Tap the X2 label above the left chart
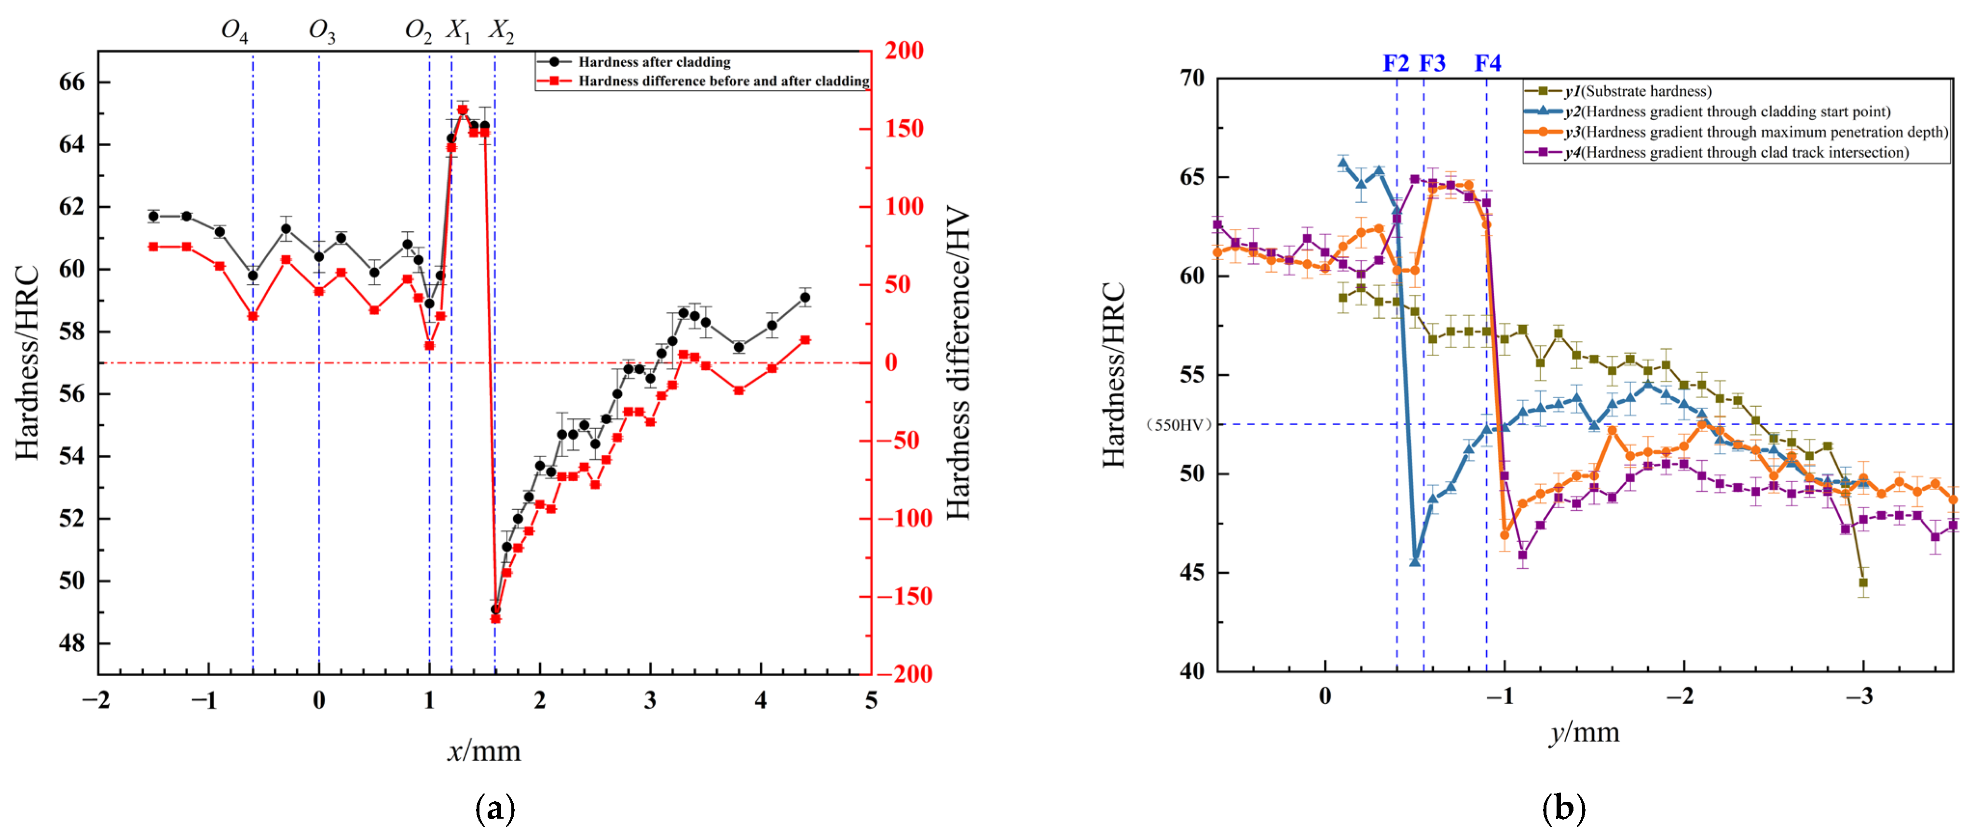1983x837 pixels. click(x=501, y=31)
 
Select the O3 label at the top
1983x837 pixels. click(x=322, y=31)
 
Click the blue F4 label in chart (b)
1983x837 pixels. click(x=1487, y=63)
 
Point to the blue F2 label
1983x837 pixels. click(x=1395, y=63)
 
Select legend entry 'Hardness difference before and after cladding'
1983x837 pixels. click(x=724, y=81)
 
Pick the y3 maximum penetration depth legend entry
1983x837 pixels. click(x=1755, y=132)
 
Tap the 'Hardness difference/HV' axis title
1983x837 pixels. click(x=957, y=363)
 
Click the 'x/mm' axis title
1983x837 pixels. click(x=484, y=750)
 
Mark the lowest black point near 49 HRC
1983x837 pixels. click(x=496, y=609)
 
